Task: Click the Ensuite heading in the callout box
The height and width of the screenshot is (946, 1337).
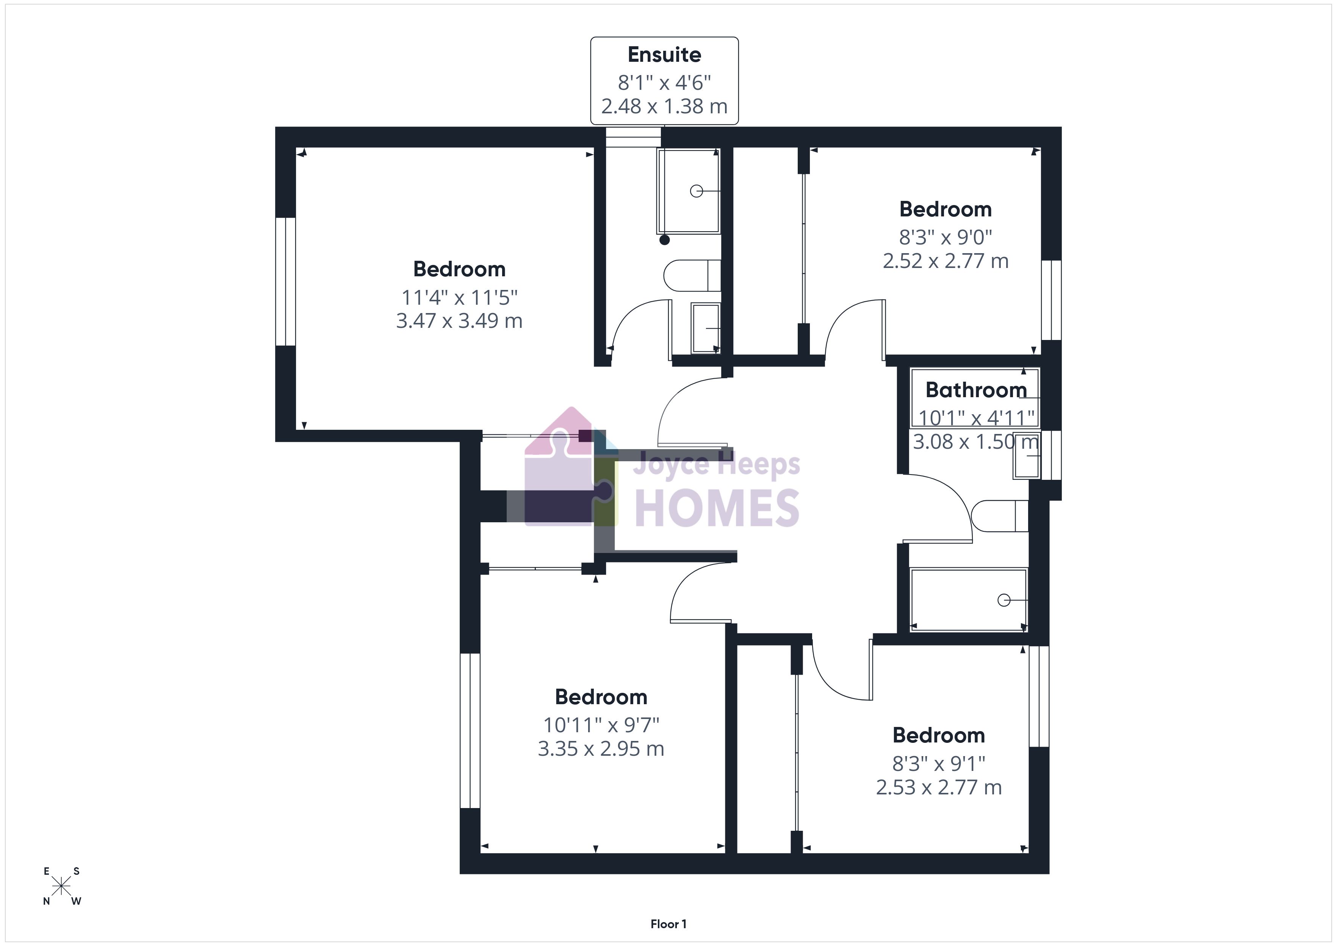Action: [x=664, y=55]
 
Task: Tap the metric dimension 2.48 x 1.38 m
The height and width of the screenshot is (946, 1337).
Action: [x=664, y=107]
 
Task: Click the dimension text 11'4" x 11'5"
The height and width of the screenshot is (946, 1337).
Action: [x=459, y=298]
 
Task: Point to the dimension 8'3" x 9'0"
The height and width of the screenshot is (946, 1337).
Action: [x=946, y=238]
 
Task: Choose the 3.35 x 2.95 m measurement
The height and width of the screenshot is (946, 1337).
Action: [x=601, y=749]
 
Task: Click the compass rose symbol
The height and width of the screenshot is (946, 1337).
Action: [x=61, y=886]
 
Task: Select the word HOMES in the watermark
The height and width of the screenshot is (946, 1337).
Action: [x=717, y=508]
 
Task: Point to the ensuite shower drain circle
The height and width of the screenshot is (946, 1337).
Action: [x=697, y=191]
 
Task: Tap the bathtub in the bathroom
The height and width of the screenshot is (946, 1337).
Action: [x=968, y=600]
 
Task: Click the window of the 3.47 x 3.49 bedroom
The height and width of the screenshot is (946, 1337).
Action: [x=285, y=282]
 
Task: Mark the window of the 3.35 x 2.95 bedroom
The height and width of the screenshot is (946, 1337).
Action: [x=470, y=730]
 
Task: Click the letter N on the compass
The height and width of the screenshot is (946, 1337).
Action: [x=47, y=902]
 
